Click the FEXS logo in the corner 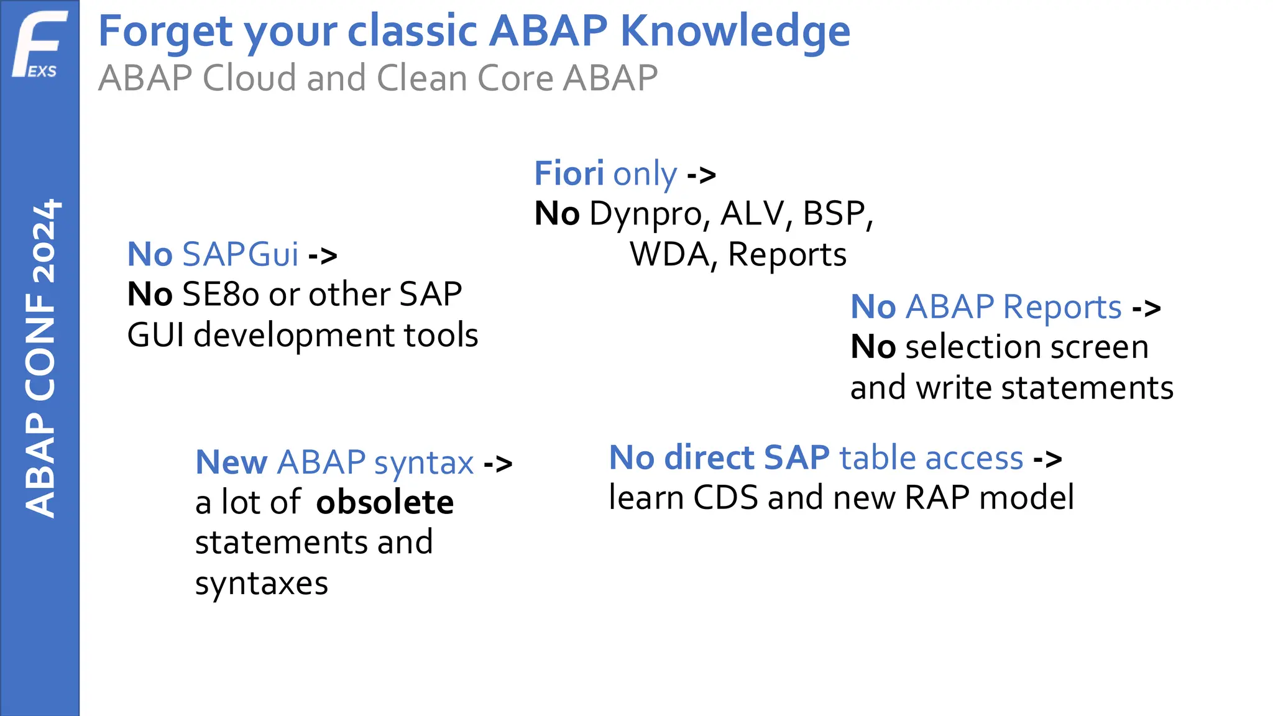[39, 45]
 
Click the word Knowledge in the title [735, 31]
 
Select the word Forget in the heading [165, 31]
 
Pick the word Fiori [569, 173]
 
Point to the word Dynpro [646, 214]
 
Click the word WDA [669, 255]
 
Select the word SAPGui [241, 255]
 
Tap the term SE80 [220, 295]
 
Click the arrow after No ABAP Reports [1146, 308]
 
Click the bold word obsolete [385, 502]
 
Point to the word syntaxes [261, 584]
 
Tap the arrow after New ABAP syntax [498, 463]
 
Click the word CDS [725, 498]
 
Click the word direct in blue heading [709, 458]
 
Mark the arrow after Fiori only [701, 175]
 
